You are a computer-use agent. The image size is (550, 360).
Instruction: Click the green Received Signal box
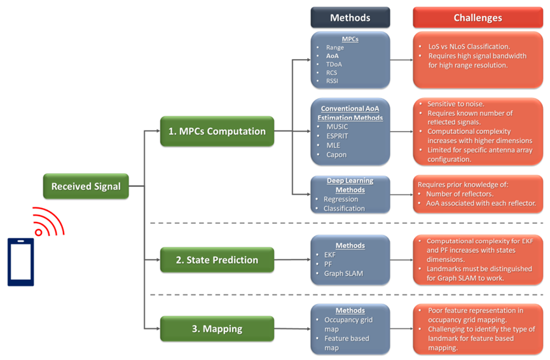point(86,186)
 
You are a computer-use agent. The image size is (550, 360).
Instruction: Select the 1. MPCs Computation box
point(217,131)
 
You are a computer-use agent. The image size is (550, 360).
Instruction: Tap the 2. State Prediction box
point(217,260)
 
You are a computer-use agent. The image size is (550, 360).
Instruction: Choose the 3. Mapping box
point(217,329)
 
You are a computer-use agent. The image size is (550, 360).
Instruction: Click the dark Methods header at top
point(350,18)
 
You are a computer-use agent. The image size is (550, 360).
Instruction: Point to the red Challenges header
point(478,18)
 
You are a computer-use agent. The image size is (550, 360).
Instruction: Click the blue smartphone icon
point(20,261)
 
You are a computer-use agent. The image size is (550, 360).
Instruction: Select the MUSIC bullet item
point(336,127)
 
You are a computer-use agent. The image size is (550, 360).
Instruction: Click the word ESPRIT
point(337,135)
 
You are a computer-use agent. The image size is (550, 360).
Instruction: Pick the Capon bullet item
point(336,154)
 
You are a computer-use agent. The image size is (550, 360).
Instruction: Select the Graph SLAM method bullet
point(343,273)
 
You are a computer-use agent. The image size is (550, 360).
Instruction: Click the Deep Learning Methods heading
point(350,185)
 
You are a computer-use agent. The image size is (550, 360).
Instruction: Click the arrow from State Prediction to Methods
point(292,260)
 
